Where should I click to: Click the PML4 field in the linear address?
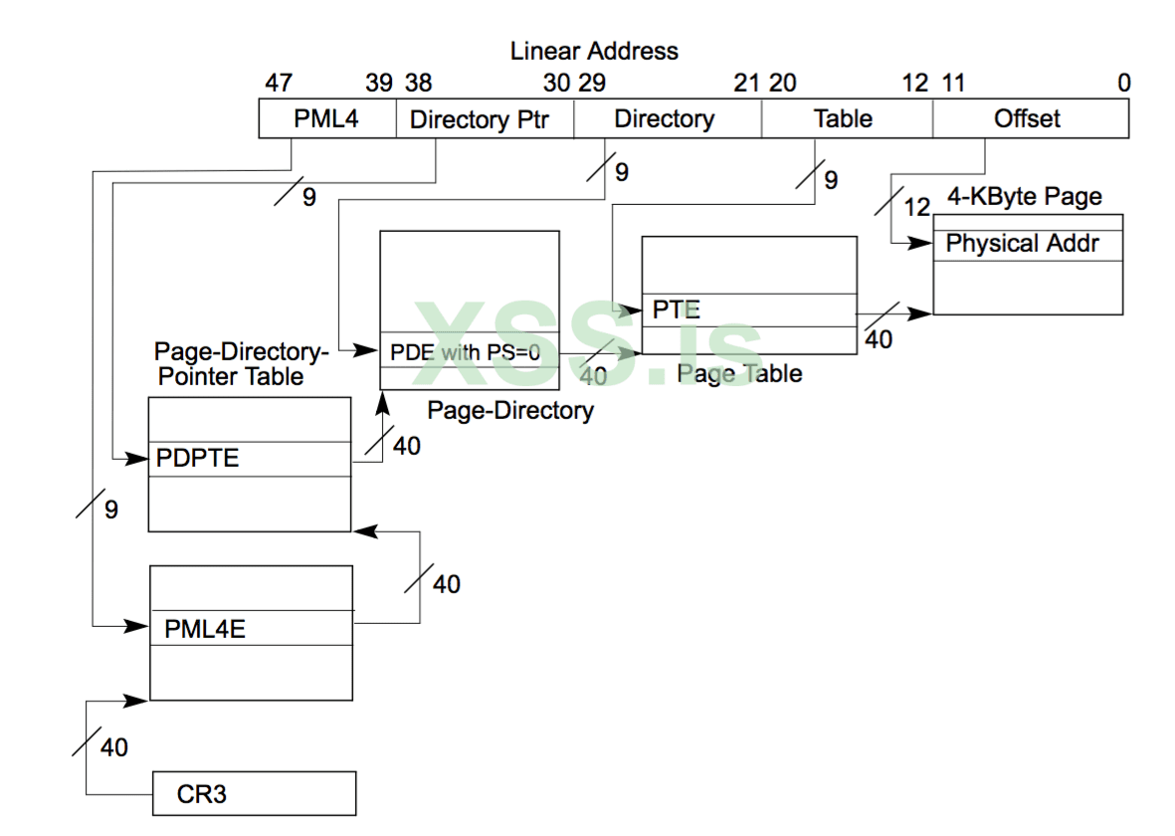click(x=327, y=119)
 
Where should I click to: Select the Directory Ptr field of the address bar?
click(x=486, y=119)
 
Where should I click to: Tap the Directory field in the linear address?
click(x=665, y=119)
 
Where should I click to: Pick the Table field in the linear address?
click(x=844, y=119)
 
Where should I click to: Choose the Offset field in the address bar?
click(x=1028, y=119)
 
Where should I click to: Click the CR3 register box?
click(x=254, y=794)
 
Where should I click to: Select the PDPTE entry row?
click(x=249, y=459)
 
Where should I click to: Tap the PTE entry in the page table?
click(x=748, y=310)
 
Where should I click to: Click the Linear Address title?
click(x=594, y=51)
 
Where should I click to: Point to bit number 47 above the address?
click(x=278, y=83)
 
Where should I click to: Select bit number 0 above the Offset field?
click(x=1123, y=83)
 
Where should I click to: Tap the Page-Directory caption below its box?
click(x=510, y=410)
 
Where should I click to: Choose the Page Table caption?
click(x=740, y=374)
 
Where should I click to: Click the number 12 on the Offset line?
click(x=916, y=207)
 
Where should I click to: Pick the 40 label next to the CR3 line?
click(x=114, y=746)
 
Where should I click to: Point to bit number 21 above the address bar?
click(x=746, y=83)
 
